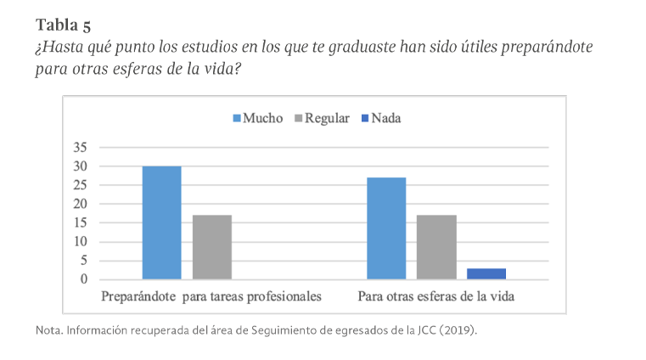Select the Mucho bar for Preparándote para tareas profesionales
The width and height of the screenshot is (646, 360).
tap(161, 222)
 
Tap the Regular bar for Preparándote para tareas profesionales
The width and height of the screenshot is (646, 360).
tap(211, 247)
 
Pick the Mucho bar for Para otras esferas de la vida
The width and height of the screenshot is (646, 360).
tap(385, 228)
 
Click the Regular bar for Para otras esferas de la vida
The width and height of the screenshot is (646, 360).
tap(436, 247)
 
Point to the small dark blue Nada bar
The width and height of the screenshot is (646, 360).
tap(486, 273)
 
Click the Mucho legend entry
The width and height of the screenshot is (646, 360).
tap(258, 119)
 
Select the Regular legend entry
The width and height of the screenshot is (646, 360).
tap(322, 119)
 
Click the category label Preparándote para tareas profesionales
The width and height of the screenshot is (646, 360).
tap(211, 297)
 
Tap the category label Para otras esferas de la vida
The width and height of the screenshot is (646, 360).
tap(436, 297)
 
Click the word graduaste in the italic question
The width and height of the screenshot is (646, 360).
tap(355, 48)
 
